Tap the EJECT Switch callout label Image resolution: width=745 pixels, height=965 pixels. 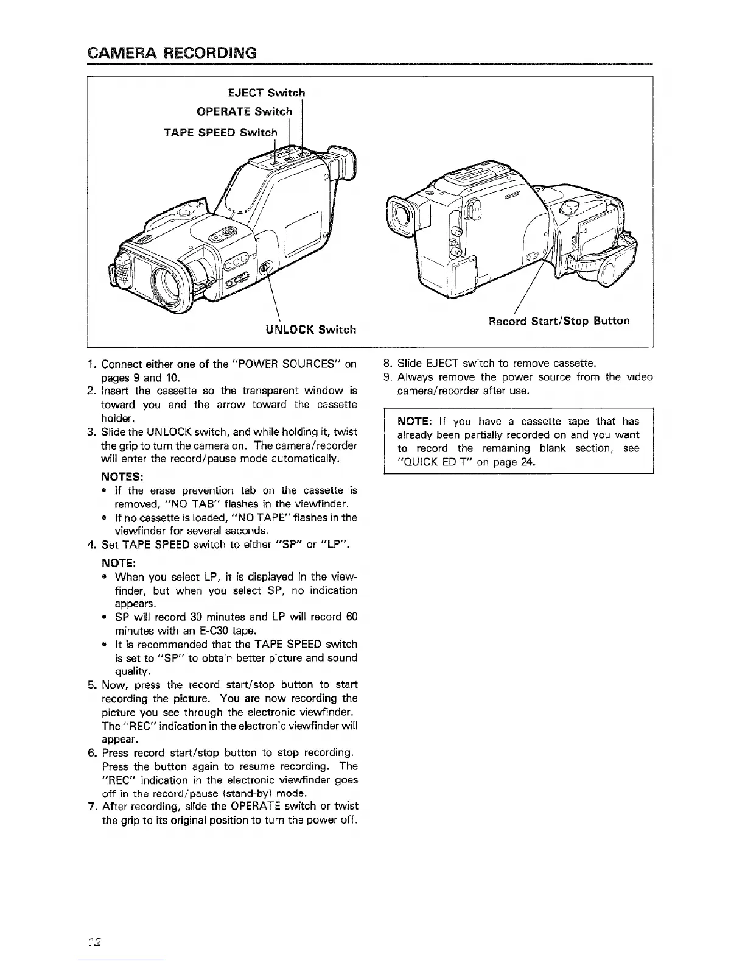coord(265,93)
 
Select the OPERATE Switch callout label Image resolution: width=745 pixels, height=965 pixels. coord(244,111)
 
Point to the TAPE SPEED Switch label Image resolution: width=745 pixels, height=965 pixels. coord(221,132)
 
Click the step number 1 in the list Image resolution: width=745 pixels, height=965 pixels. coord(91,365)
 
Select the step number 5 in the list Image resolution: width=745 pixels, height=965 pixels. coord(91,685)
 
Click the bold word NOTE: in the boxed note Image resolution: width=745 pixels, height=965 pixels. coord(414,421)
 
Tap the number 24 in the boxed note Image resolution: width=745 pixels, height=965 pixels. coord(527,462)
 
